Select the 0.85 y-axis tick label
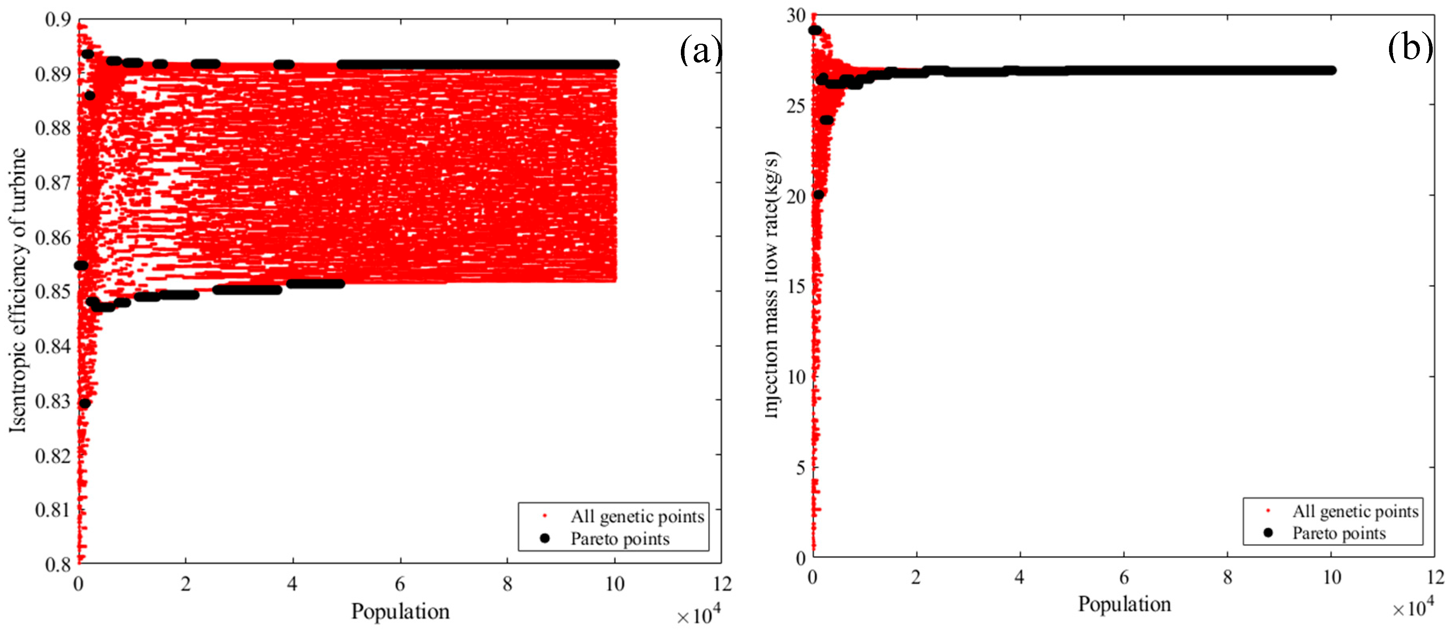point(53,292)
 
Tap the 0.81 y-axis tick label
point(53,510)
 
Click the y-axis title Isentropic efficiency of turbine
point(18,290)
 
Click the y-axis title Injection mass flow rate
point(772,285)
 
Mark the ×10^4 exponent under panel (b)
point(1413,609)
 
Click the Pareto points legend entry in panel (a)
point(620,539)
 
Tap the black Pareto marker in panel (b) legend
point(1268,533)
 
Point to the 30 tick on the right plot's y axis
point(796,16)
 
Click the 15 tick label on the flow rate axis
point(796,286)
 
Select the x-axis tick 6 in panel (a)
point(400,584)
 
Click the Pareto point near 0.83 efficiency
point(85,403)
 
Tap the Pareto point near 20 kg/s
point(819,194)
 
